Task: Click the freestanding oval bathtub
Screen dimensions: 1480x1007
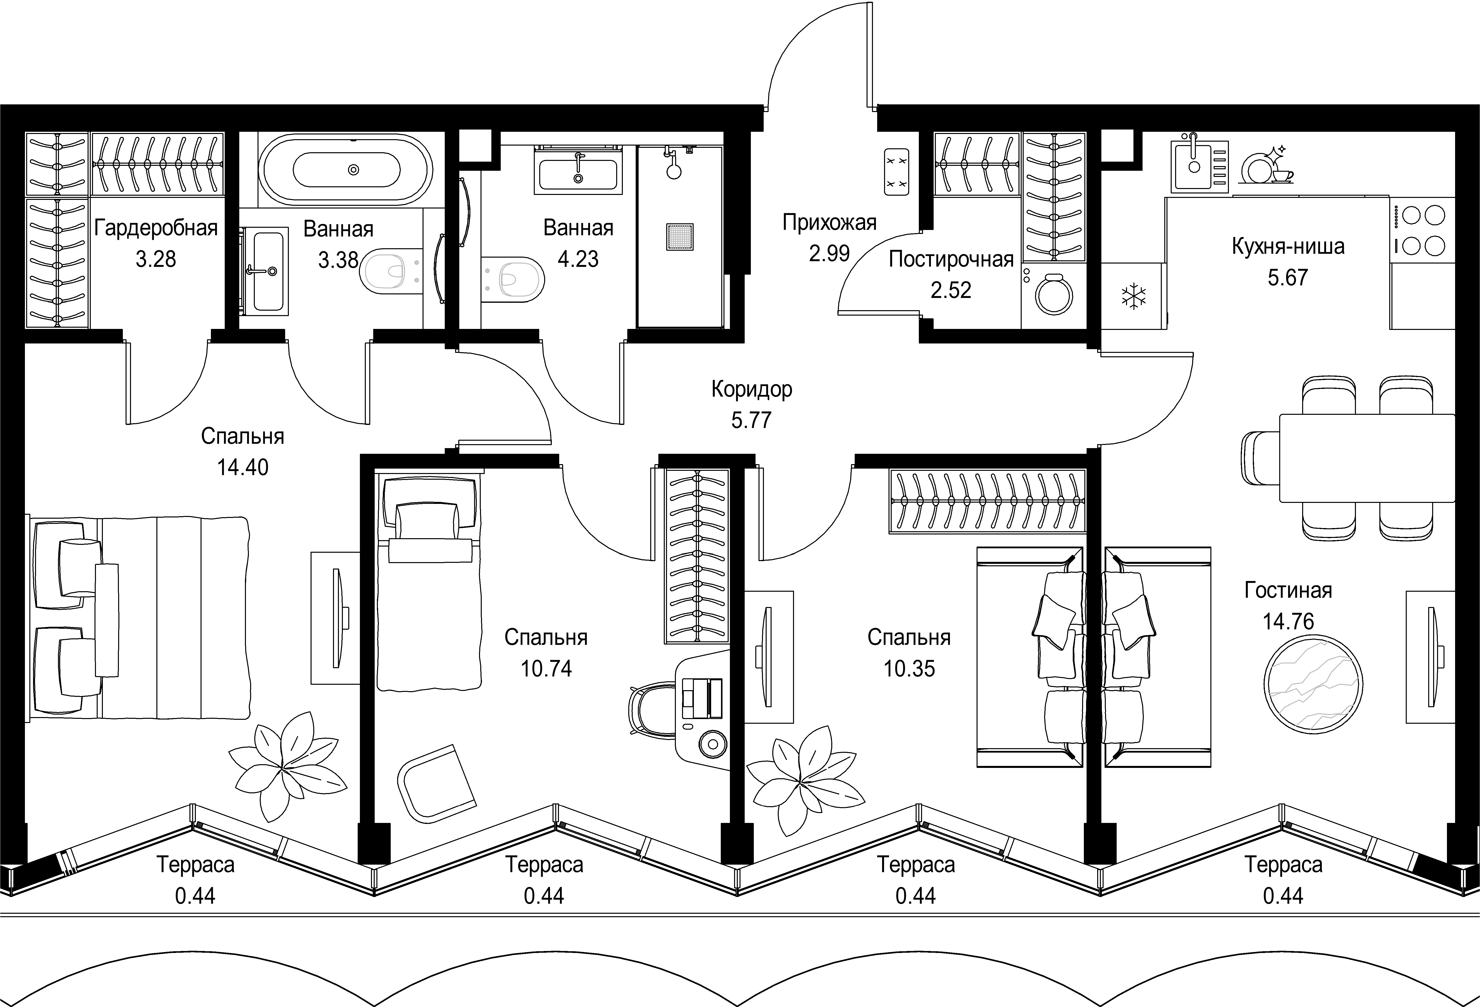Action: [347, 170]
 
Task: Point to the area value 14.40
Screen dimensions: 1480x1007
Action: [243, 468]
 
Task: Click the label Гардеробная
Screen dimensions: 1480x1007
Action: [156, 228]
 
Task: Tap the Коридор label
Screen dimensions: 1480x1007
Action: [751, 389]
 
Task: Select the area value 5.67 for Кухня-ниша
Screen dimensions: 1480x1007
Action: [1288, 278]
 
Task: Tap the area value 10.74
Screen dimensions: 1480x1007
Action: [546, 669]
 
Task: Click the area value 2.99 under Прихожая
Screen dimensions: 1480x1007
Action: [829, 253]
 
